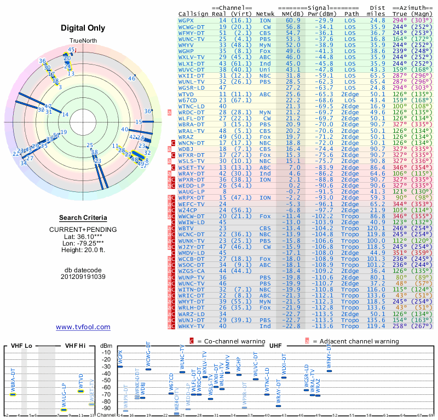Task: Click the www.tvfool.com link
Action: click(x=83, y=327)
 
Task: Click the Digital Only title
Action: click(x=83, y=28)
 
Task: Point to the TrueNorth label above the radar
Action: click(x=83, y=42)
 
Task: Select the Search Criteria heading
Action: click(x=83, y=218)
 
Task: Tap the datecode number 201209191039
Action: click(x=83, y=277)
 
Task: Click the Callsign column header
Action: click(x=193, y=13)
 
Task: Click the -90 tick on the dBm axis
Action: click(x=107, y=408)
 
